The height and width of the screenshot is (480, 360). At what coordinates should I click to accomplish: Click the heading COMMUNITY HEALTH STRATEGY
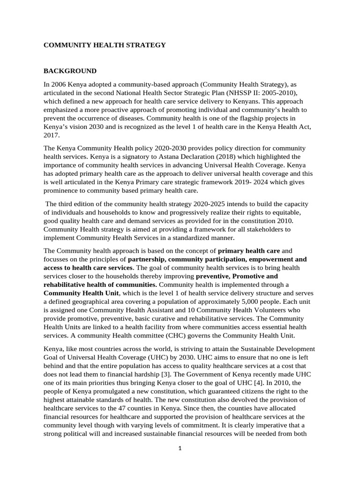(x=105, y=45)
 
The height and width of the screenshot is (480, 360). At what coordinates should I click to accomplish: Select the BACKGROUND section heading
(x=70, y=71)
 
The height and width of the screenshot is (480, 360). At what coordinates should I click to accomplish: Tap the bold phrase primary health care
(x=249, y=251)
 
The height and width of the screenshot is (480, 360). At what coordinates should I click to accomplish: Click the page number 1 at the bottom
(x=180, y=449)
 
